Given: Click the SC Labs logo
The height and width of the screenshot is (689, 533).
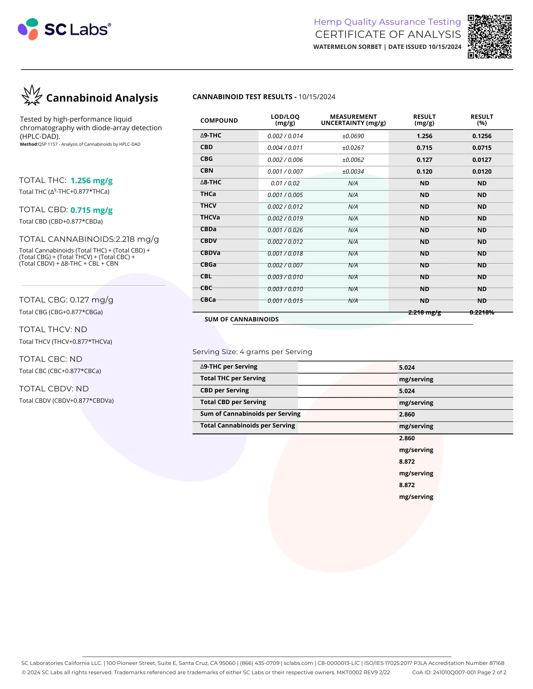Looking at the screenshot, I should [x=65, y=29].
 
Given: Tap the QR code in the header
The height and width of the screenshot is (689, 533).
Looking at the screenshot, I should [x=489, y=37].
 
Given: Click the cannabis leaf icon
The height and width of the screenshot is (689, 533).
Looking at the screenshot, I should [x=32, y=96].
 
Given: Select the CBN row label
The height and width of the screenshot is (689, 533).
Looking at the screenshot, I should [x=207, y=171].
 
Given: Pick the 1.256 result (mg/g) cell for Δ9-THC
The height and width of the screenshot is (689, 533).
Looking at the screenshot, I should [x=424, y=136].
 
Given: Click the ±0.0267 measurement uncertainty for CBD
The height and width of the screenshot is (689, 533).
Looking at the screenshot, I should [x=353, y=148].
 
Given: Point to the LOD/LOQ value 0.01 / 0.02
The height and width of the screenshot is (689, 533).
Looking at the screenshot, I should [x=285, y=183].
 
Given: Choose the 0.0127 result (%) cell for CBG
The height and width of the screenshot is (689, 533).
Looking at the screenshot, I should [x=482, y=160].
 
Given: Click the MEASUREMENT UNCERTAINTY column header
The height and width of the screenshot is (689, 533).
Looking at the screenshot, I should [x=353, y=120].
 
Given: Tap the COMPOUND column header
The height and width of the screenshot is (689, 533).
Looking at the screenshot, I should [x=219, y=121].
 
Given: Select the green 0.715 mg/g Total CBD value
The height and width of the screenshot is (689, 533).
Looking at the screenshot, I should [x=91, y=210].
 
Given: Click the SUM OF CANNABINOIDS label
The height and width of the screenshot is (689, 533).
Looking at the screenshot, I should [x=241, y=319].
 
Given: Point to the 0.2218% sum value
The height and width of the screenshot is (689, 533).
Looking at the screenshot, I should [x=482, y=312].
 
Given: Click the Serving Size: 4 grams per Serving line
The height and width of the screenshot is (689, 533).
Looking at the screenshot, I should [x=252, y=352].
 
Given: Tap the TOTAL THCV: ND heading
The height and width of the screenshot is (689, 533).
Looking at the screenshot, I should [x=53, y=329].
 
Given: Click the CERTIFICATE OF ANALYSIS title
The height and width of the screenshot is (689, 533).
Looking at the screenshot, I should [x=388, y=34].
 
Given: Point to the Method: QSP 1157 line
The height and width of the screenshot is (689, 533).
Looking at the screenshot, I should [x=80, y=144].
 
